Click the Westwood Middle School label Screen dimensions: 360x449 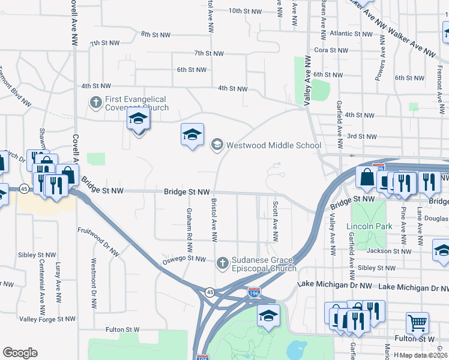pos(274,145)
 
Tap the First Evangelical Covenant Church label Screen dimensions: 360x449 pos(137,103)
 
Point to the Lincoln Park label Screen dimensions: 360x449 pos(369,227)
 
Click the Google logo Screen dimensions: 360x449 pos(20,353)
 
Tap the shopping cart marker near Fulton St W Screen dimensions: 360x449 pos(417,323)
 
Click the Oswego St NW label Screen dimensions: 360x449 pos(184,259)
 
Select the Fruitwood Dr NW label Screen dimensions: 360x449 pos(100,238)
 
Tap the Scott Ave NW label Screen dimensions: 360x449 pos(276,220)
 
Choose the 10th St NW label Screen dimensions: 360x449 pos(245,11)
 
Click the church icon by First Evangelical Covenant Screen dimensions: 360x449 pos(95,103)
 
